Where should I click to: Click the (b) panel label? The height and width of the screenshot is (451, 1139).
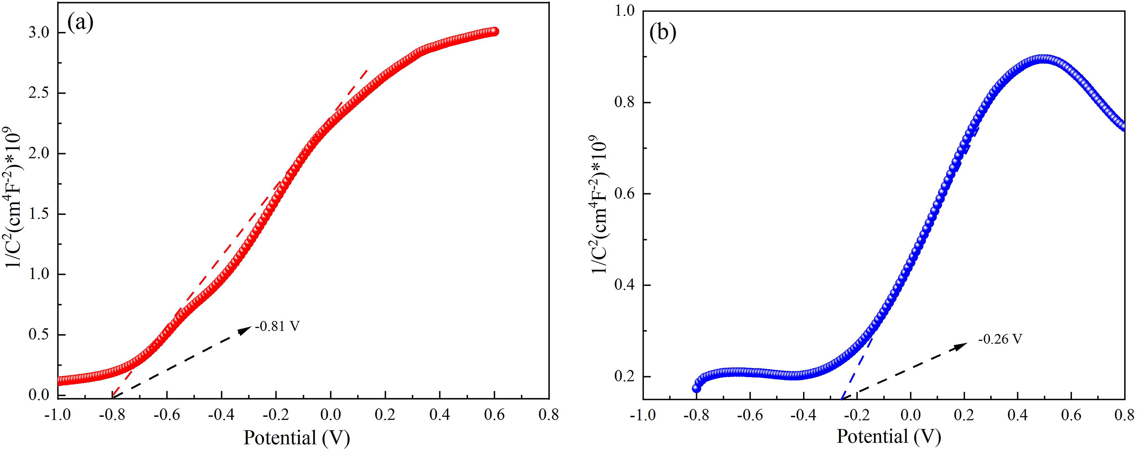(662, 34)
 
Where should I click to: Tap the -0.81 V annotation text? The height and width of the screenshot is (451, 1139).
(277, 327)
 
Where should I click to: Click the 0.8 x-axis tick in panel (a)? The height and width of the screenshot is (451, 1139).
(549, 415)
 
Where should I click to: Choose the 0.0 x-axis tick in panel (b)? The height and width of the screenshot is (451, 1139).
(911, 415)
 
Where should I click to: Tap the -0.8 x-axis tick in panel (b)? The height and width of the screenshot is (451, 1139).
(697, 415)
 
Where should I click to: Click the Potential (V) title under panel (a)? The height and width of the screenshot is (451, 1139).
(297, 438)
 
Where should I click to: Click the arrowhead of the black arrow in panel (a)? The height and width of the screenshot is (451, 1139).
(246, 329)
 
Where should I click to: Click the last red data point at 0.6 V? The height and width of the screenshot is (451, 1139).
(494, 31)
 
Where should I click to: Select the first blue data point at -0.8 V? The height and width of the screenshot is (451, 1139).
(697, 388)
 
